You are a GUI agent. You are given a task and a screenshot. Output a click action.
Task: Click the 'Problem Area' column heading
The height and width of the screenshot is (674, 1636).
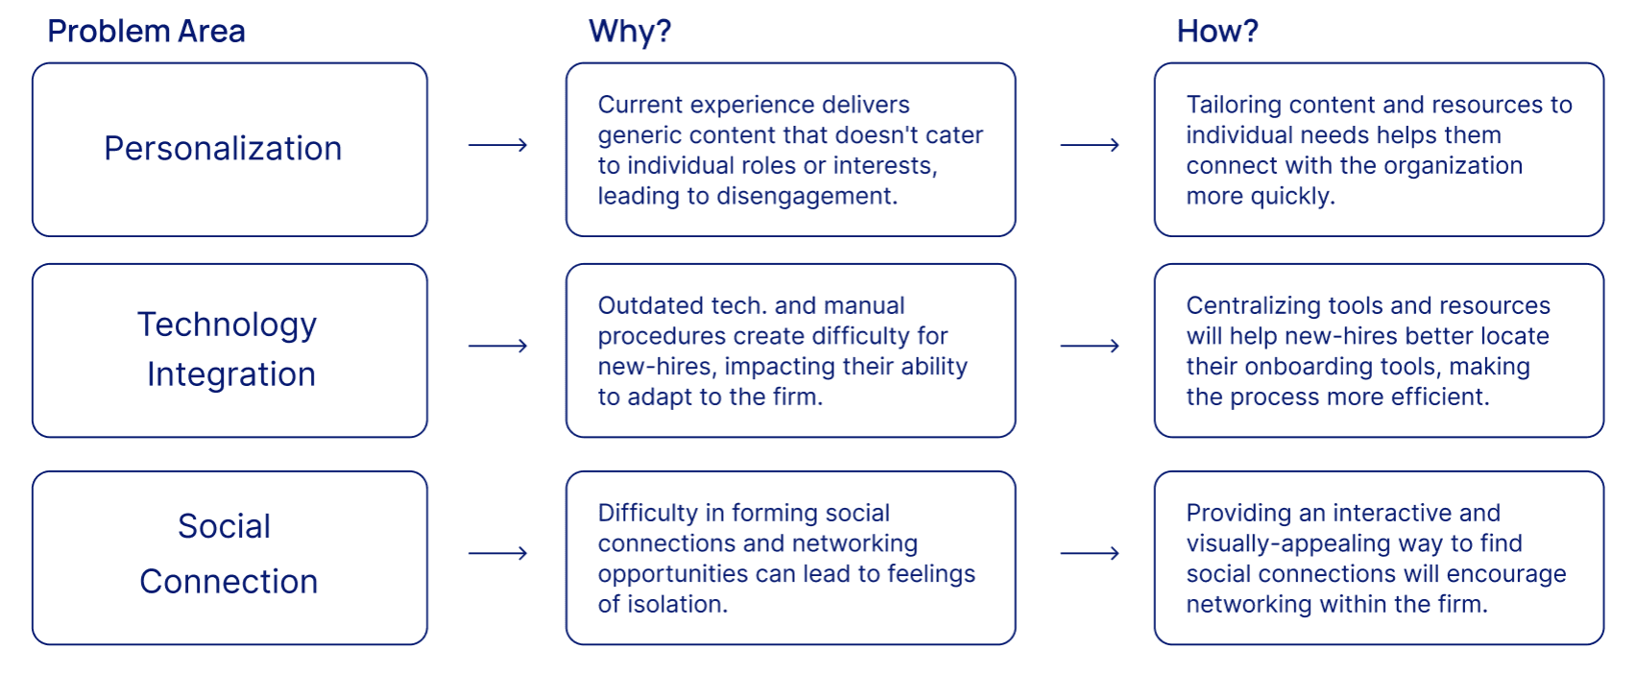146,32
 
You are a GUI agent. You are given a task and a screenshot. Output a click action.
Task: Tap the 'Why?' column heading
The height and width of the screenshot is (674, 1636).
630,32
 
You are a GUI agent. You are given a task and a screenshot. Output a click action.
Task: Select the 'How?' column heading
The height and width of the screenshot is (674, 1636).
1216,32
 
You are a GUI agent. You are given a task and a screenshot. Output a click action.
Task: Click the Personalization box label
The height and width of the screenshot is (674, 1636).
223,149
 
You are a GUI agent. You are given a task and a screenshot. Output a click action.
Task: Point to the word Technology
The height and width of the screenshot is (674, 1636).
227,325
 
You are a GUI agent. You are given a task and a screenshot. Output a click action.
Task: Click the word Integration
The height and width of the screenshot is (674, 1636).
230,374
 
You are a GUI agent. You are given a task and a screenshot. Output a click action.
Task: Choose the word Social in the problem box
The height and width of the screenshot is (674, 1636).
224,526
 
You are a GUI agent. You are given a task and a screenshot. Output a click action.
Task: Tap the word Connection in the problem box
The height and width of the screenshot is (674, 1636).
229,582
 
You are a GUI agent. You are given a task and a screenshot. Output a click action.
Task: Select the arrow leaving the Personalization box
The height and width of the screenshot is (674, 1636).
497,145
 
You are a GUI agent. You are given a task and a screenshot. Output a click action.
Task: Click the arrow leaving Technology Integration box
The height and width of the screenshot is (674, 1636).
497,346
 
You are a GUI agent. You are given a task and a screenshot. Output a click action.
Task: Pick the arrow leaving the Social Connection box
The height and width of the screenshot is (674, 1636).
497,553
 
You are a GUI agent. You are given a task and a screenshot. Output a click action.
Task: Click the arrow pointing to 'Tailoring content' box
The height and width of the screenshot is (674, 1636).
1090,145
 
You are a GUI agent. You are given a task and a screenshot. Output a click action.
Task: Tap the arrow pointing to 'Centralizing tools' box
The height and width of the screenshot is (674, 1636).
1090,346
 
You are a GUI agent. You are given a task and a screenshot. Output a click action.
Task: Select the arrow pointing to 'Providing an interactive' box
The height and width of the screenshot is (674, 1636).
1090,553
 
